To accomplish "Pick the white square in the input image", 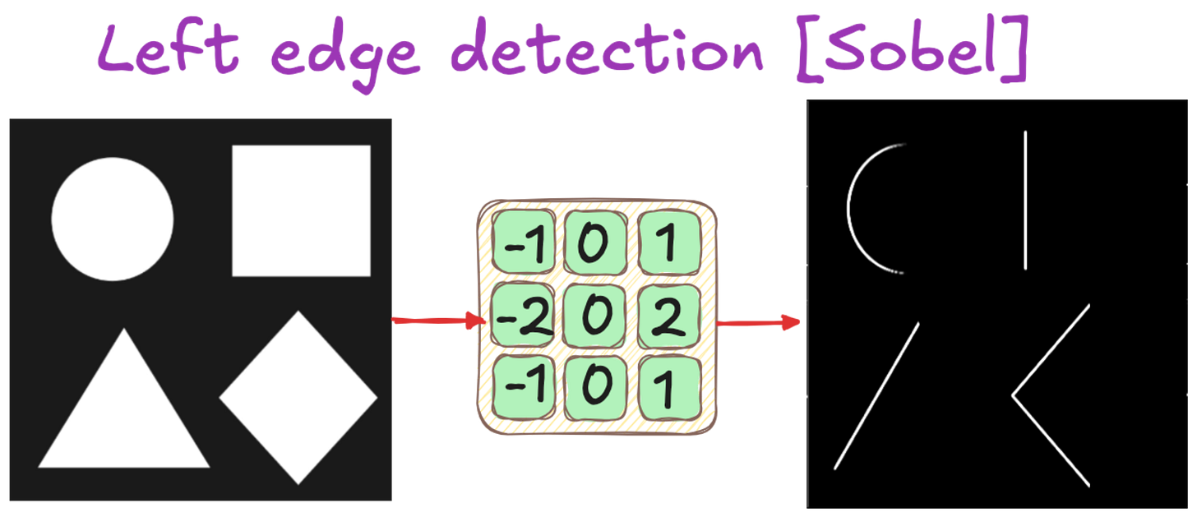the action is click(x=301, y=210).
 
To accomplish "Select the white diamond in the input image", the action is click(x=298, y=398).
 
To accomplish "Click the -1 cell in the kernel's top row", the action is click(x=522, y=244).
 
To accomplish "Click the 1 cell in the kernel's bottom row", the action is click(x=669, y=389).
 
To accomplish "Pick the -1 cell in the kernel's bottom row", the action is click(x=522, y=389).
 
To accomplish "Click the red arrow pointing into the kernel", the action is click(x=437, y=320).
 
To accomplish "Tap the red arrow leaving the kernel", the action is click(x=760, y=322).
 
